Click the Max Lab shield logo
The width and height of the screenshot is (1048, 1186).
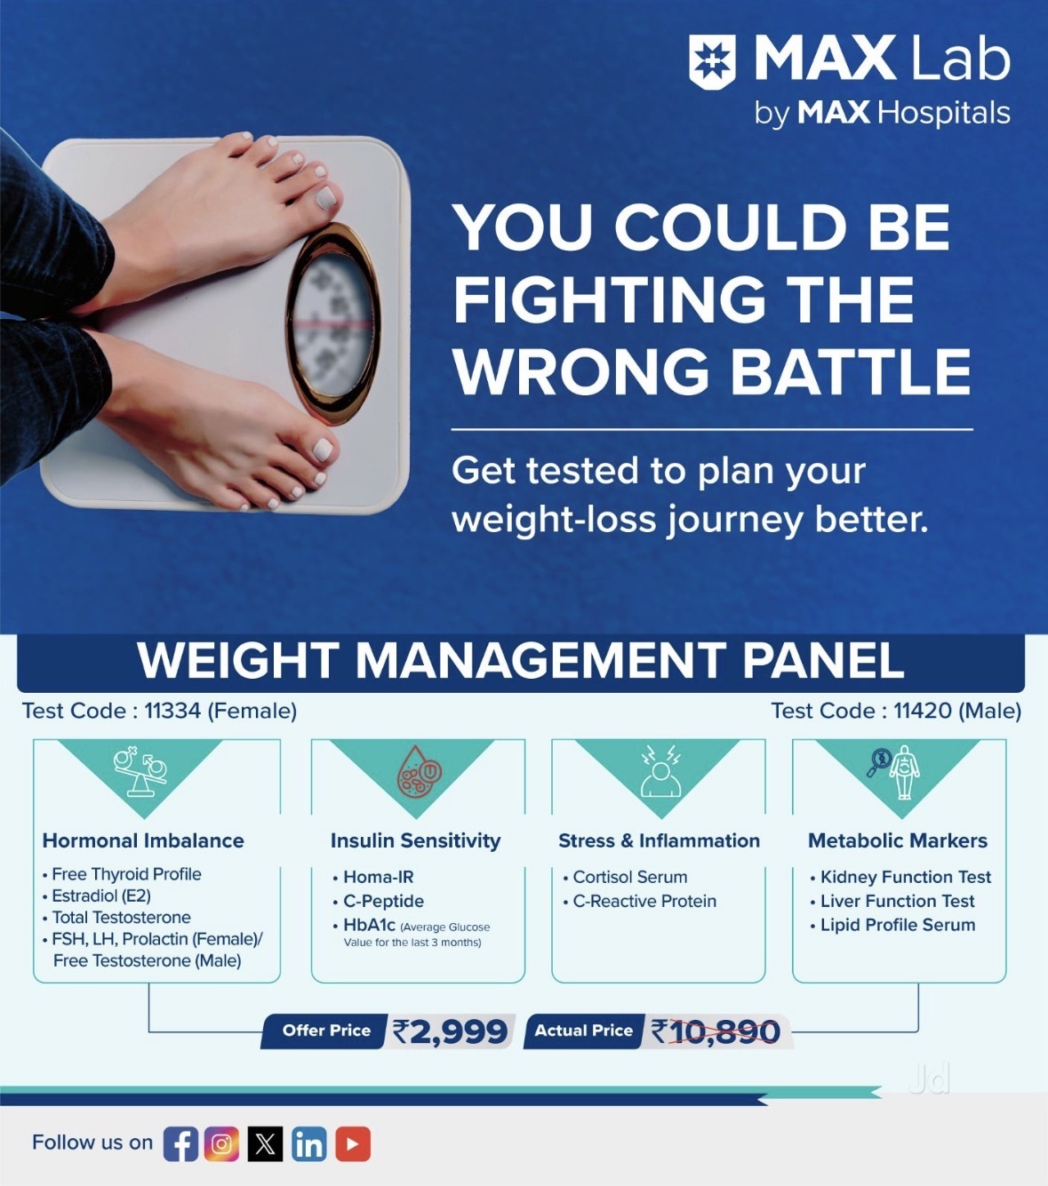[712, 61]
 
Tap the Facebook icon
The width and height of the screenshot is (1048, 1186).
[180, 1143]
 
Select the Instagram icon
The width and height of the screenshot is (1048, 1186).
[222, 1143]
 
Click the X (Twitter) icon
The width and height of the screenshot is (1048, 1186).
[265, 1143]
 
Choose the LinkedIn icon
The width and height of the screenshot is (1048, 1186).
[308, 1143]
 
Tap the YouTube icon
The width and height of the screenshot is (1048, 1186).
[353, 1143]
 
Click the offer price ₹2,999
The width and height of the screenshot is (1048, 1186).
[450, 1031]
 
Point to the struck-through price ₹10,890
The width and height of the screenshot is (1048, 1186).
[716, 1031]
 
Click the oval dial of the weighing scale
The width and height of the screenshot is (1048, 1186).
[332, 323]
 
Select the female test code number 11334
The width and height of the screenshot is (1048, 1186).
[172, 711]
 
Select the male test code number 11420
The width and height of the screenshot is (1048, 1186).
[923, 711]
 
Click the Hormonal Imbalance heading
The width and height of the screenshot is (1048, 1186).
[143, 840]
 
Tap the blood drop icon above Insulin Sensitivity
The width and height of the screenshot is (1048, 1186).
[420, 773]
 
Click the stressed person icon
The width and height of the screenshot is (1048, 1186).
[660, 771]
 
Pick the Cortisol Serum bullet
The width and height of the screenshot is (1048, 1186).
[625, 877]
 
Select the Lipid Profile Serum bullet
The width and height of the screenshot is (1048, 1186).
[892, 925]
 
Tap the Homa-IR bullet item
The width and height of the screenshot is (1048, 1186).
[373, 877]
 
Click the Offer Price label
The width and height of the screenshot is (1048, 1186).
[326, 1031]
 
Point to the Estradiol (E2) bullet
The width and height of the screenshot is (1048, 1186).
[97, 895]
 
